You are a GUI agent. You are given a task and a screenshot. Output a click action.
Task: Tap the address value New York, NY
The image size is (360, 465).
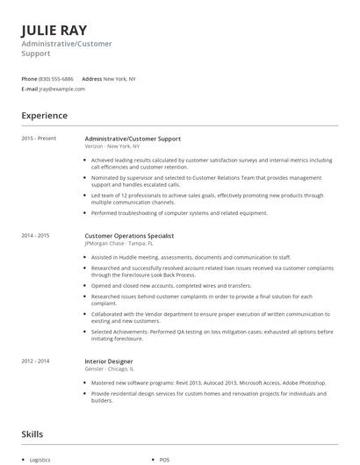tap(119, 79)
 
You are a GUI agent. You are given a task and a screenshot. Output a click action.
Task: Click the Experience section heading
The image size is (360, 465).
tap(45, 116)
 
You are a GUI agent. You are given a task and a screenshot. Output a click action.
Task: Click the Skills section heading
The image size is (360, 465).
tap(32, 433)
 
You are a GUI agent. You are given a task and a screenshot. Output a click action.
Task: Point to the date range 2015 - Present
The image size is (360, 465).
tap(38, 139)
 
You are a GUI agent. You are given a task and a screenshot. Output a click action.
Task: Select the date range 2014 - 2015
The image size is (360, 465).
tap(35, 235)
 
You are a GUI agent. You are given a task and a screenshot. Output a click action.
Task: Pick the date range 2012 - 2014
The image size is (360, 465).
tap(35, 361)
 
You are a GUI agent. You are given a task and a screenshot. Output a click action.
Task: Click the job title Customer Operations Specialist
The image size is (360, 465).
tap(129, 235)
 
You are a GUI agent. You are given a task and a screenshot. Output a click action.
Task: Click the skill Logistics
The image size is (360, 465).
tap(41, 460)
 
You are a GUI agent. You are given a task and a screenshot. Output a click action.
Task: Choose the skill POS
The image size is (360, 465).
tap(164, 460)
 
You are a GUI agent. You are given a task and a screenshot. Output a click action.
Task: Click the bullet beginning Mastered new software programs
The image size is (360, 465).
tap(204, 383)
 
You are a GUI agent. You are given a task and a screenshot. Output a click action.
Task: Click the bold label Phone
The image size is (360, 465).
tap(29, 79)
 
